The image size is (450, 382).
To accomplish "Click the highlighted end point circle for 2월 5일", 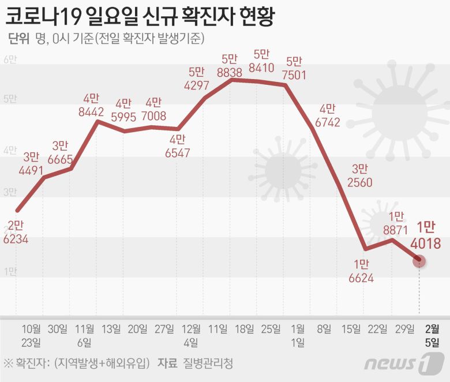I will pos(419,261).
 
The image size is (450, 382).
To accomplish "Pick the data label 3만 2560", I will pos(359,176).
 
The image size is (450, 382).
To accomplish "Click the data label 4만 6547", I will pos(178,146).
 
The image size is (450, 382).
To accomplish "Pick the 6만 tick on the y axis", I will pos(10,61).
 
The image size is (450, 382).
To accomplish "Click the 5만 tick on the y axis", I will pos(10,99).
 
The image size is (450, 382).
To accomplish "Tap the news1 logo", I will pos(397,364).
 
